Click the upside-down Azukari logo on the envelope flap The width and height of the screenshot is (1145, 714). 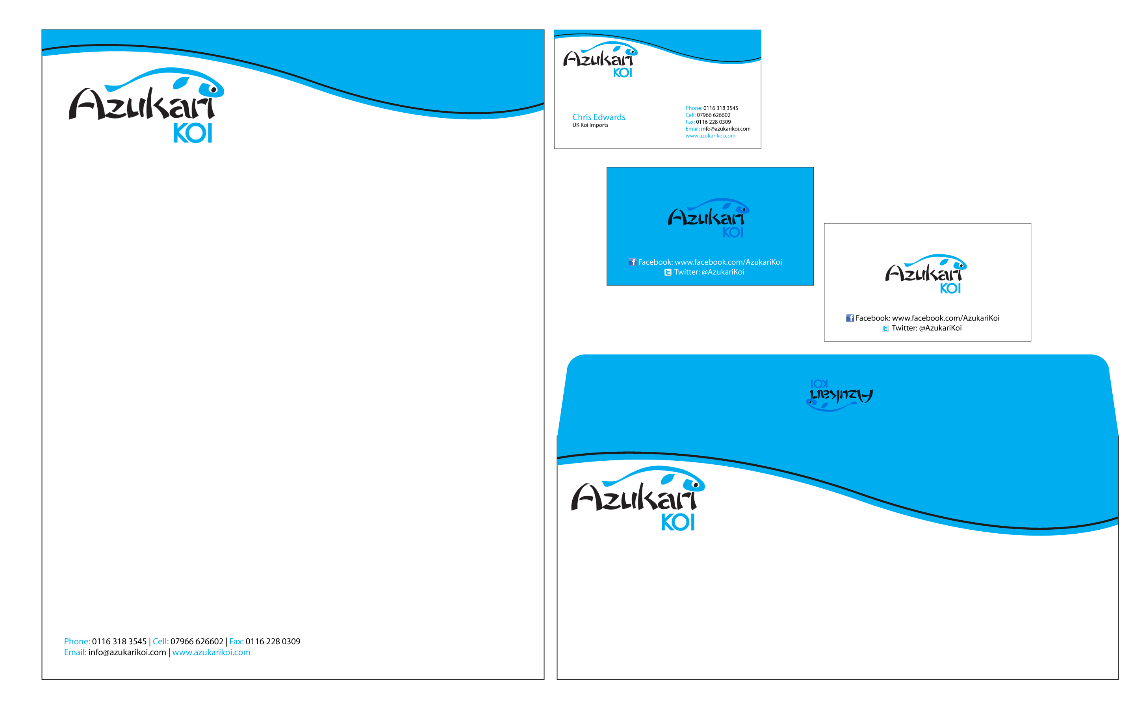pyautogui.click(x=839, y=396)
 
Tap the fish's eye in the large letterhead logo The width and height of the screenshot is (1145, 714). pyautogui.click(x=213, y=89)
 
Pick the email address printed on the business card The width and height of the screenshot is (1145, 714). pyautogui.click(x=725, y=129)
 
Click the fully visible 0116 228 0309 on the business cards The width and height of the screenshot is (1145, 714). pyautogui.click(x=713, y=122)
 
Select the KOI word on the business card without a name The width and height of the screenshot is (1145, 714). pyautogui.click(x=622, y=73)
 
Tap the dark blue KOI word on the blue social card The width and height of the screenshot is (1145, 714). pyautogui.click(x=733, y=233)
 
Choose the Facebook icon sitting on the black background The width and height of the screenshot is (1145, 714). pyautogui.click(x=850, y=318)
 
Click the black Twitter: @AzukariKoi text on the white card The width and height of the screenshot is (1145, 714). pyautogui.click(x=926, y=328)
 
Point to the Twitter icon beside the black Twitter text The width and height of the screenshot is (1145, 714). pyautogui.click(x=885, y=328)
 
